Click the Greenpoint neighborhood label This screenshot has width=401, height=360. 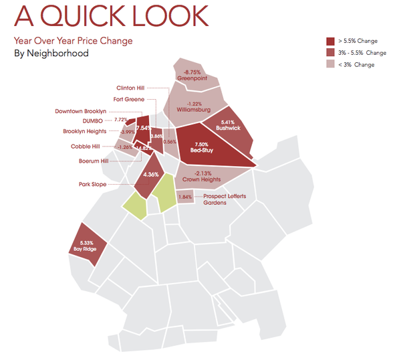coord(190,79)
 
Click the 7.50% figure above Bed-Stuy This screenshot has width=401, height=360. coord(201,144)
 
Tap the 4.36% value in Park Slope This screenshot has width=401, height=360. coord(151,175)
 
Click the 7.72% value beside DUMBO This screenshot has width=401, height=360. coord(121,119)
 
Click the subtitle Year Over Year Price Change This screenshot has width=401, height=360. coord(73,41)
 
